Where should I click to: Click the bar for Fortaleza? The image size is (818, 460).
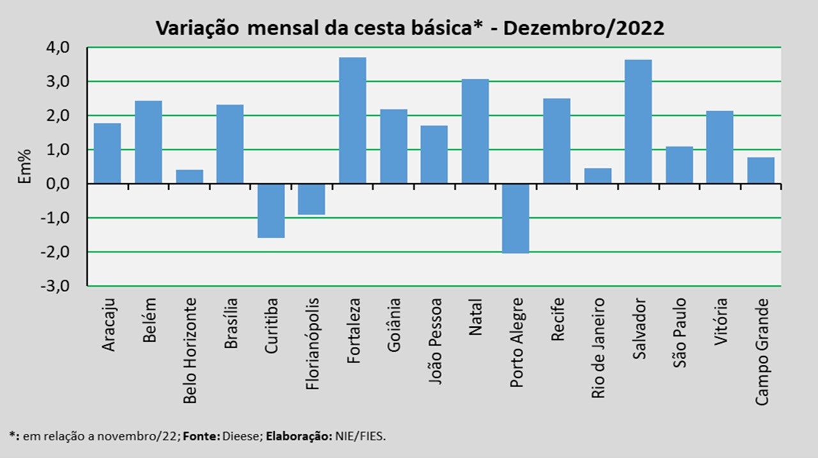352,121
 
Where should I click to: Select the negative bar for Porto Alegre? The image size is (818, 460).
516,218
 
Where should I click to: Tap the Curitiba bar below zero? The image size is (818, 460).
271,211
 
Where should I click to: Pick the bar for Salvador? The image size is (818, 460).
638,121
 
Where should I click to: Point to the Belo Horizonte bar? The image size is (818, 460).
190,177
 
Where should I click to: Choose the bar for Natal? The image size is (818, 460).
475,132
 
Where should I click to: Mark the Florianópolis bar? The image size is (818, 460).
311,199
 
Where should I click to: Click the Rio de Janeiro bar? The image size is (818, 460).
598,176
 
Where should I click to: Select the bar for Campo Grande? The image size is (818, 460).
760,171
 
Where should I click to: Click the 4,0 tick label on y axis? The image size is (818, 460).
58,47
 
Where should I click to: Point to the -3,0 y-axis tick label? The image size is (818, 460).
55,286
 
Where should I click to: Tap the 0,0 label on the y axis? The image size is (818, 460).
58,183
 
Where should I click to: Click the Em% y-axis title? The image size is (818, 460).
25,167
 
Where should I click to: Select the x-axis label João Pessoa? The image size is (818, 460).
435,341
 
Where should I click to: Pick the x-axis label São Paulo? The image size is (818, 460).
679,333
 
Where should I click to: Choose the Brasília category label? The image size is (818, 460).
231,323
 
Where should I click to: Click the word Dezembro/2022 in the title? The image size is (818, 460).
583,28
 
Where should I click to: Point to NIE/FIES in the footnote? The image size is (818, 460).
360,436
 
